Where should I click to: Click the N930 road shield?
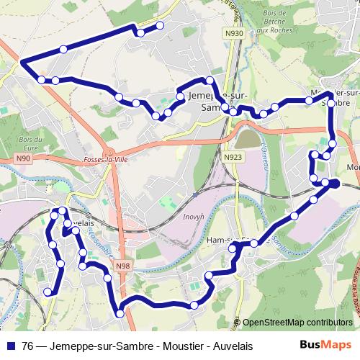coord(234,33)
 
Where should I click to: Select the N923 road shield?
coord(233,157)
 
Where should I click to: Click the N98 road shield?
coord(122,266)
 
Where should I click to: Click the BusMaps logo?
coord(325,345)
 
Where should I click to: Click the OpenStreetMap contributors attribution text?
coord(297,322)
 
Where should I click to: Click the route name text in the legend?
coord(138,346)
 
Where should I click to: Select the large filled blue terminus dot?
coord(334,184)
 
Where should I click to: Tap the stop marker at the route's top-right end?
coord(160,25)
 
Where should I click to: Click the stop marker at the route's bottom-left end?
coord(48,292)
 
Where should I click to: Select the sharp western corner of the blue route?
coord(22,63)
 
